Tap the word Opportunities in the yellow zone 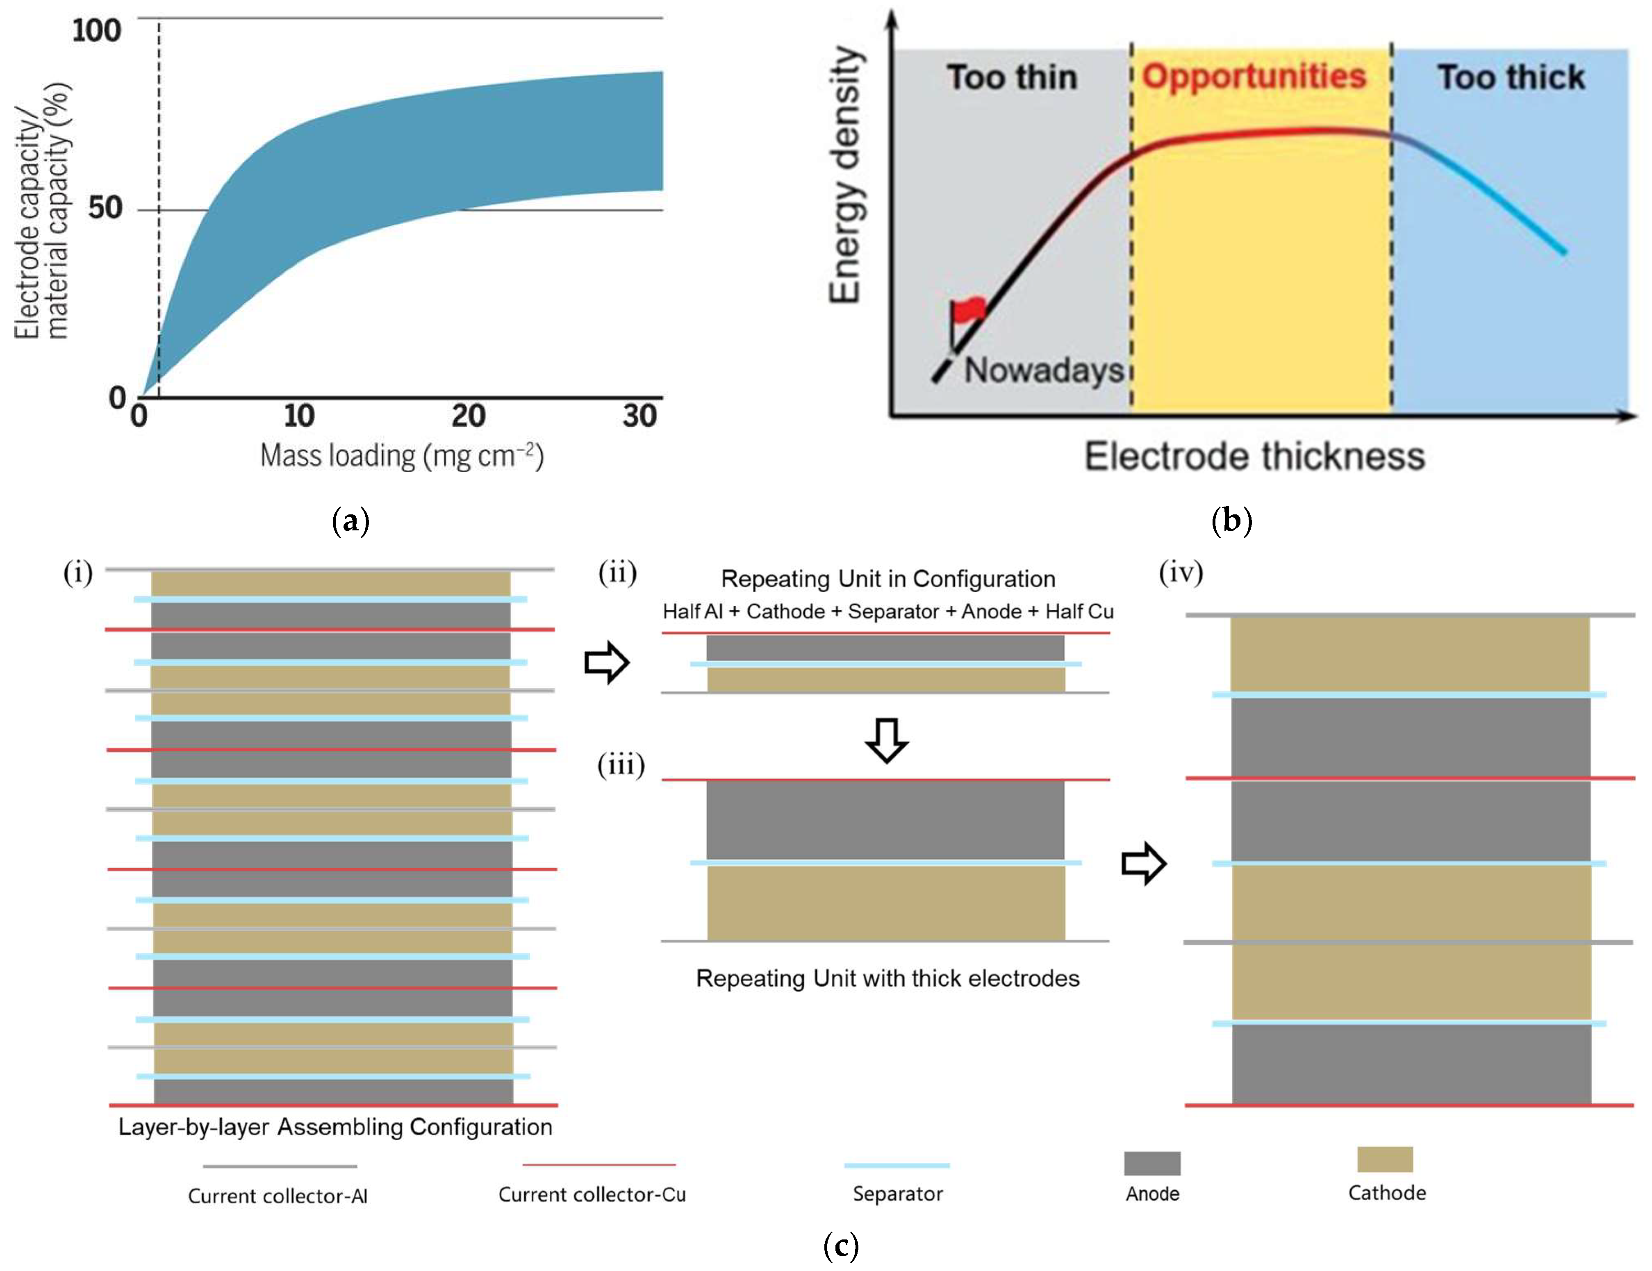[x=1254, y=76]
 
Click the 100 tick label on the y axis [x=97, y=31]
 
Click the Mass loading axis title [x=402, y=456]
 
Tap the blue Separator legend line [x=897, y=1165]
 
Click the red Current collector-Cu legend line [x=598, y=1164]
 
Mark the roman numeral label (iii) [x=621, y=765]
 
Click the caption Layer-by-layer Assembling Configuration [x=335, y=1128]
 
